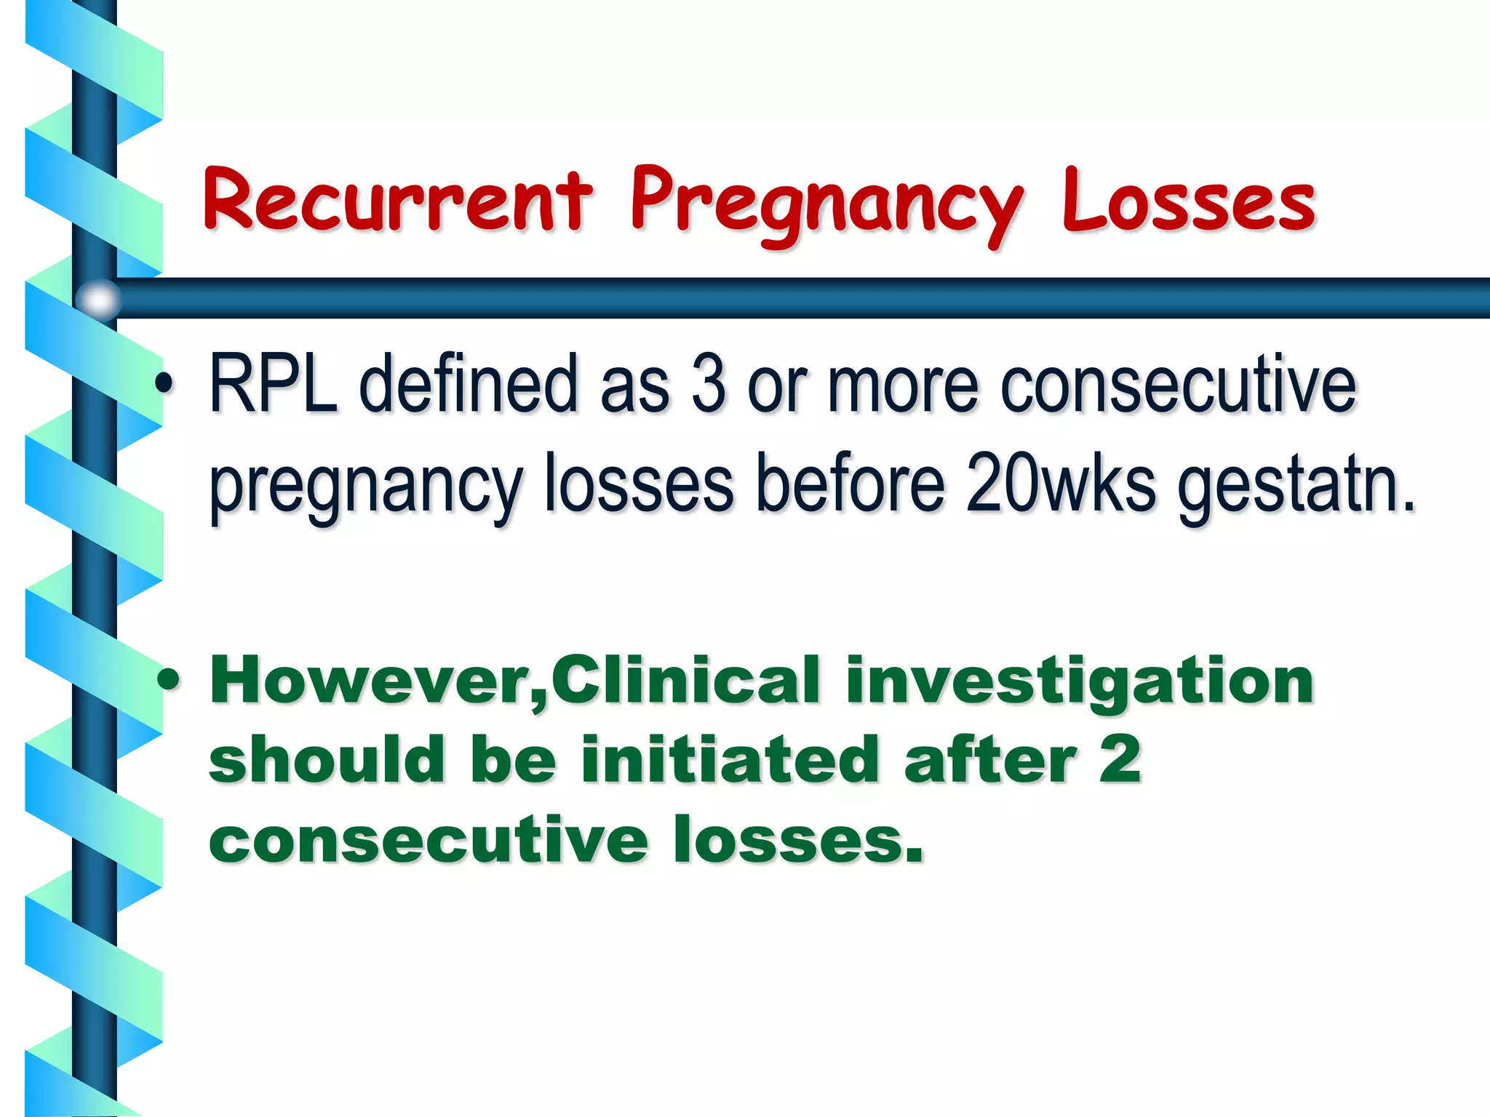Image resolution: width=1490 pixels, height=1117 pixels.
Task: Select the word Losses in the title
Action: pos(1189,200)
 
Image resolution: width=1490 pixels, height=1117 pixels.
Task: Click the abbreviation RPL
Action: pos(274,384)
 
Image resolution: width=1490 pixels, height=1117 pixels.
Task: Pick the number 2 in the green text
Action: pos(1120,760)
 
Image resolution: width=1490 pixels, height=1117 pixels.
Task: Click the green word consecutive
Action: pos(429,840)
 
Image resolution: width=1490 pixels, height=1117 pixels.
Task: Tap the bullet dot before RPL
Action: pos(167,384)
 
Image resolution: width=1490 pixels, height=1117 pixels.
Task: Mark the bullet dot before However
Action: pos(168,681)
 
